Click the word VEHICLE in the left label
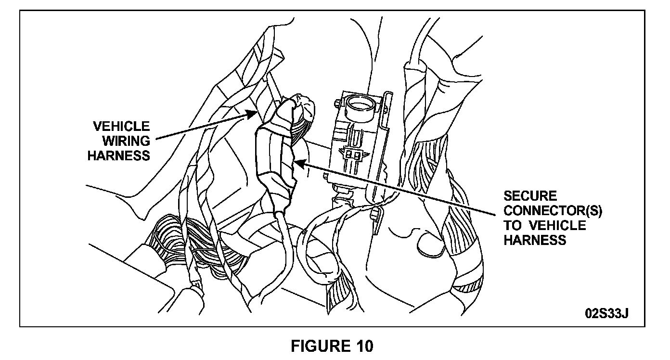tap(121, 127)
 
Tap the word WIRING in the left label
tap(126, 141)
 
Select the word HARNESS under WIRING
tap(118, 155)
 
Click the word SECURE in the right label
tap(530, 196)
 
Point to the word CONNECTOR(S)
tap(553, 211)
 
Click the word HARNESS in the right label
tap(535, 240)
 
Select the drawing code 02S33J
tap(607, 313)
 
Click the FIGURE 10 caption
tap(332, 346)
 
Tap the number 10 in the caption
tap(364, 346)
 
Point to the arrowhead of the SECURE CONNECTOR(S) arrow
tap(297, 164)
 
